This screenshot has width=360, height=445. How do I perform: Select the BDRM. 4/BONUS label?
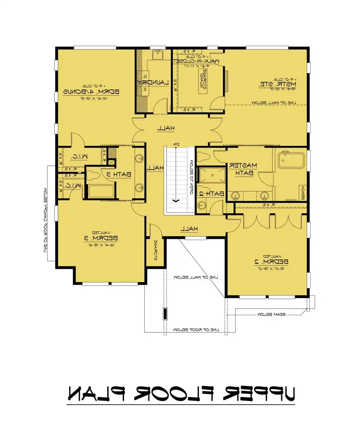click(x=91, y=91)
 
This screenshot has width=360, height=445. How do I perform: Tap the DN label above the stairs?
click(x=177, y=144)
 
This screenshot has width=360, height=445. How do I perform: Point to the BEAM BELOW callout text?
click(x=271, y=314)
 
